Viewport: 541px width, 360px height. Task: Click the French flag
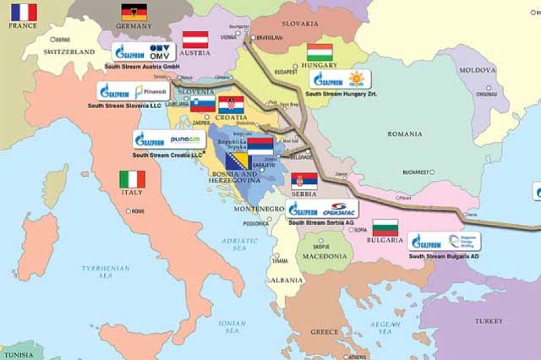(24, 13)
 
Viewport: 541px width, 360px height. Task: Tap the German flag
(134, 12)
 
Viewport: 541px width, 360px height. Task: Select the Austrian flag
(195, 40)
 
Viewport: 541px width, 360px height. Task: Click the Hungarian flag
(320, 52)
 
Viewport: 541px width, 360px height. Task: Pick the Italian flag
(132, 179)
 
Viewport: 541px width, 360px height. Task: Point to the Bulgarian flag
(385, 227)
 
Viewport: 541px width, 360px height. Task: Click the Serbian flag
(304, 181)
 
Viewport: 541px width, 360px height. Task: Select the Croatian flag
(231, 105)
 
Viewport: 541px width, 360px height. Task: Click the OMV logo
(159, 52)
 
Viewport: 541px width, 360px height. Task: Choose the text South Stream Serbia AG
(321, 222)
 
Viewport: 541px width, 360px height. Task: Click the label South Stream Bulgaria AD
(444, 255)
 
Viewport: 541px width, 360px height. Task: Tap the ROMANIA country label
(405, 134)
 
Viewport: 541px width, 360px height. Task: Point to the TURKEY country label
(489, 321)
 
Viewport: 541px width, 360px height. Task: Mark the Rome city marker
(128, 211)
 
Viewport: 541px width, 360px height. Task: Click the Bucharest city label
(415, 172)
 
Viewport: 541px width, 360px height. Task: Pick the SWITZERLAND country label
(69, 52)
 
